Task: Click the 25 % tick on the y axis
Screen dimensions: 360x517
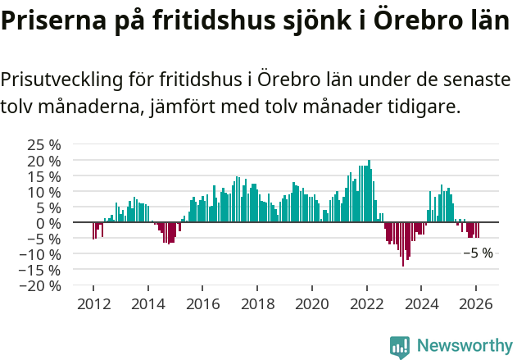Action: point(45,144)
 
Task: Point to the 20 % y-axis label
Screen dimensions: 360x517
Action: point(45,160)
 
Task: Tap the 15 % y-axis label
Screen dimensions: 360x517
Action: point(45,175)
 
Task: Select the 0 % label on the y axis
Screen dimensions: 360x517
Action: point(49,223)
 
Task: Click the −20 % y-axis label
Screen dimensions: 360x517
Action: point(42,286)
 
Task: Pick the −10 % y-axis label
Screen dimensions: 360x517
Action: point(42,254)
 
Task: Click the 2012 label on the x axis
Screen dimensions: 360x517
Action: point(93,303)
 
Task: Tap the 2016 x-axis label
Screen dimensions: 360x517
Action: point(202,303)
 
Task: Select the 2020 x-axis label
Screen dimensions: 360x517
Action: point(312,303)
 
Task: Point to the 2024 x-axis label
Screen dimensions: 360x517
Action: point(421,303)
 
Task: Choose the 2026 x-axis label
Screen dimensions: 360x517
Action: point(476,303)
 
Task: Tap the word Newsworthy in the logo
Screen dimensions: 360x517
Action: point(464,346)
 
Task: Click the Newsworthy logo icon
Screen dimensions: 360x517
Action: point(400,347)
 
